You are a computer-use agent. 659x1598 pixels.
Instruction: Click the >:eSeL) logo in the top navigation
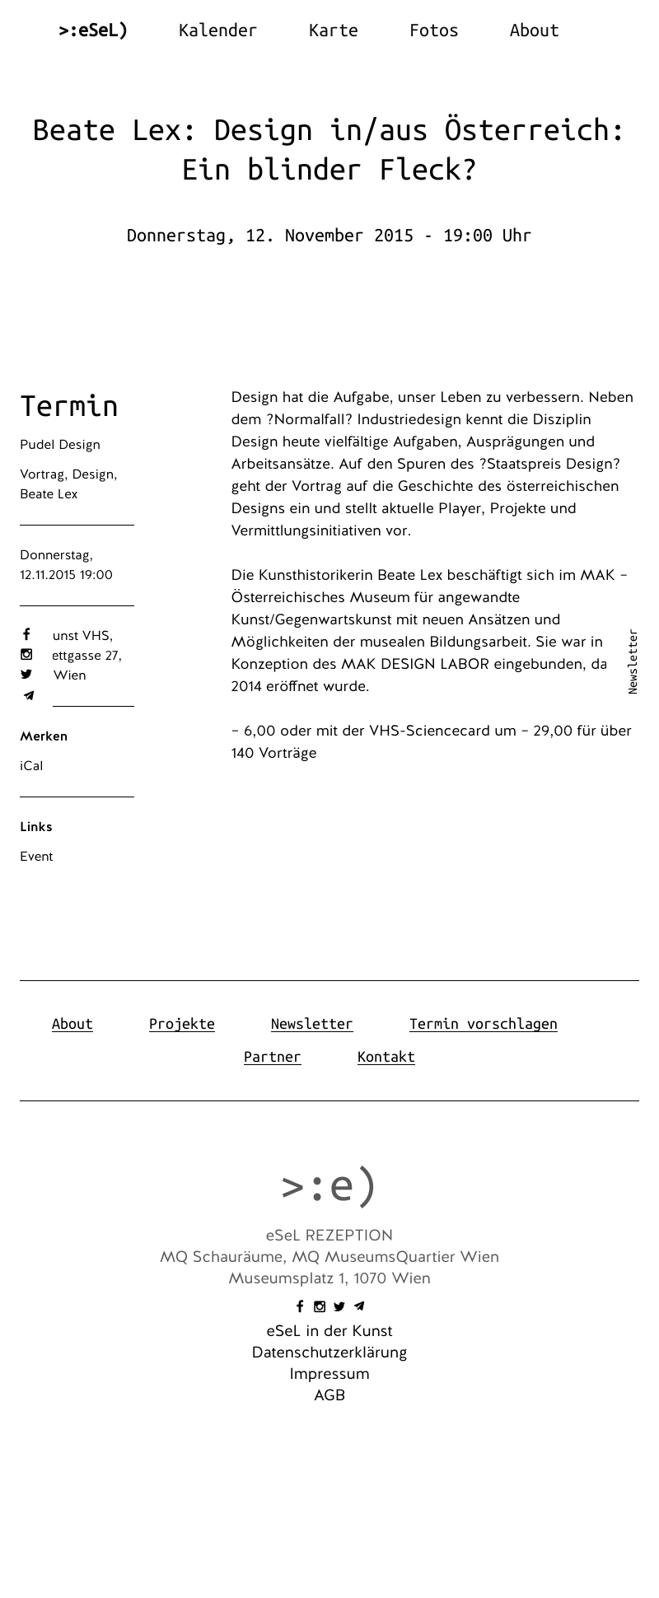[93, 30]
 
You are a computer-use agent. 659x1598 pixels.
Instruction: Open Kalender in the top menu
[217, 30]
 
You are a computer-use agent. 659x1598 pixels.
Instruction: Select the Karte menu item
[333, 30]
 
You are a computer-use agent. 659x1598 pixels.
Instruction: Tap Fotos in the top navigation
[433, 30]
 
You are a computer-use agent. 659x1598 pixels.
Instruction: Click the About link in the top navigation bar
[534, 30]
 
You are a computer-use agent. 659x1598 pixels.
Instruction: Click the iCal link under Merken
[31, 766]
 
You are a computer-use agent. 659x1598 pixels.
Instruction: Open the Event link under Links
[36, 857]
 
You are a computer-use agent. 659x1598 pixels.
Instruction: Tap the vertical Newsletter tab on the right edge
[633, 661]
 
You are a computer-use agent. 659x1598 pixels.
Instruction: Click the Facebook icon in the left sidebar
[26, 634]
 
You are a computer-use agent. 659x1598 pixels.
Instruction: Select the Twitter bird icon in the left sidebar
[26, 674]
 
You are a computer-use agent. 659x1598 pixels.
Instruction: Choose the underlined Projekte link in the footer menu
[181, 1024]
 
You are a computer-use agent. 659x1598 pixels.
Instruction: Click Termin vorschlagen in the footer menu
[483, 1024]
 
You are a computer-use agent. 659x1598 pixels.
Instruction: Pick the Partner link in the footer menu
[272, 1057]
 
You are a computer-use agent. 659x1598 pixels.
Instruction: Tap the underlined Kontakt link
[386, 1057]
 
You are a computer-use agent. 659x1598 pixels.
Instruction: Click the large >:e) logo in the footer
[329, 1186]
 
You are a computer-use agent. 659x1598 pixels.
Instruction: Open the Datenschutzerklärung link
[329, 1353]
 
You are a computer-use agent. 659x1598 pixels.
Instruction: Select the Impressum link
[329, 1374]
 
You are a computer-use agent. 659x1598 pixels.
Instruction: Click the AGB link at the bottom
[329, 1395]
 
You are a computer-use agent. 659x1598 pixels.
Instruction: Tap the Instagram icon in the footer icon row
[320, 1306]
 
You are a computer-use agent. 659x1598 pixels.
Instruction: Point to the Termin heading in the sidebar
[69, 406]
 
